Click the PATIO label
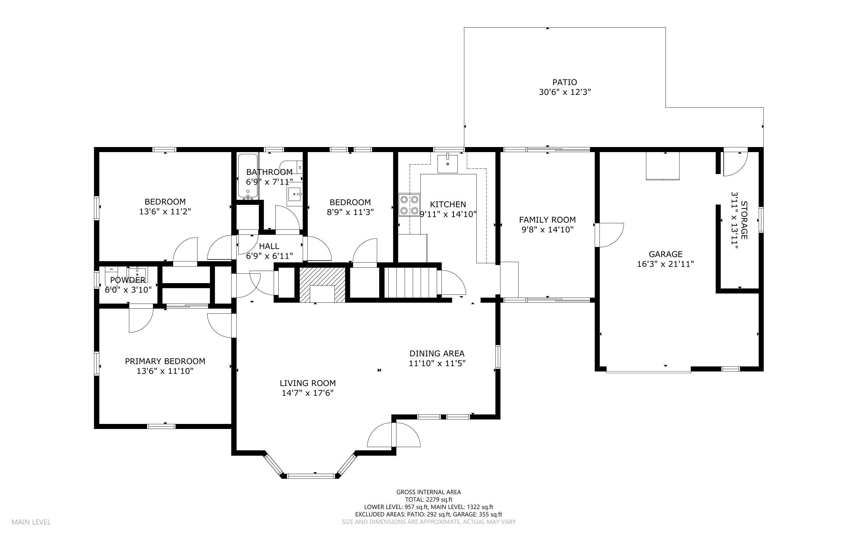[564, 82]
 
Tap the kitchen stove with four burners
[409, 205]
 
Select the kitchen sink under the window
[448, 164]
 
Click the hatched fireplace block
[322, 285]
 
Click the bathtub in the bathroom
[247, 176]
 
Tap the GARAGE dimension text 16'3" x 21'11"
[665, 264]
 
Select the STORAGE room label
[744, 220]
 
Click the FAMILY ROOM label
[547, 220]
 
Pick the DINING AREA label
[437, 353]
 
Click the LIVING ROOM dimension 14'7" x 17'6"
[308, 393]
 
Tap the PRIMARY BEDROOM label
[165, 361]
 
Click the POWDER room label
[127, 280]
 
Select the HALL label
[269, 246]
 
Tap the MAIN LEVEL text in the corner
[31, 522]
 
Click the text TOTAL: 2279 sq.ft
[428, 500]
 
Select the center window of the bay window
[311, 476]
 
